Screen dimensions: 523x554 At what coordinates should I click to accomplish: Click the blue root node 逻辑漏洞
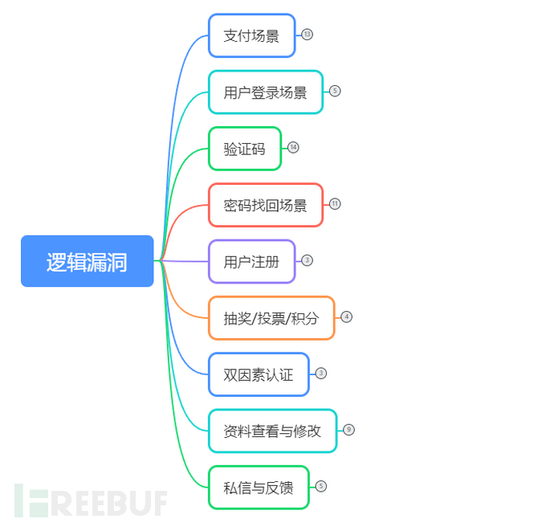coord(87,261)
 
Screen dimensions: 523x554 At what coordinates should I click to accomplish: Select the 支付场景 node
coord(251,35)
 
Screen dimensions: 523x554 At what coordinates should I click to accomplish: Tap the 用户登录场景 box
coord(265,92)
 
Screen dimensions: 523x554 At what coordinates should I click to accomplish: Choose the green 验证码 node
coord(244,149)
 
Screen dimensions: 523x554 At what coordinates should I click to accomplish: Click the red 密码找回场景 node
coord(265,205)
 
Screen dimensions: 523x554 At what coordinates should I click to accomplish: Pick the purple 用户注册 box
coord(251,261)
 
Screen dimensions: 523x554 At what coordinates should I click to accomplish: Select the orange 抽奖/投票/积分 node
coord(271,318)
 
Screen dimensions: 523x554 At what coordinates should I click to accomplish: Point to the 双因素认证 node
coord(258,374)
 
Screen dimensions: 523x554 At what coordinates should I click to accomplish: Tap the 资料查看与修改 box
coord(272,431)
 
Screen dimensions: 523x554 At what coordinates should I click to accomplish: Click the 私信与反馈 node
coord(258,487)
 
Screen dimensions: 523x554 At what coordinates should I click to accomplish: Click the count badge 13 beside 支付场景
coord(307,35)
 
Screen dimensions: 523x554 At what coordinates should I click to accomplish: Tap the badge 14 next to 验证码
coord(293,148)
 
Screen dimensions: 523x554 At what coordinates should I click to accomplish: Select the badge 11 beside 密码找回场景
coord(335,204)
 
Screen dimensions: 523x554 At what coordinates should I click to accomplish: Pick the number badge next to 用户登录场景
coord(335,91)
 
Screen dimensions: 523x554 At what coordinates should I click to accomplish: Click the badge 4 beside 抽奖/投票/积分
coord(346,317)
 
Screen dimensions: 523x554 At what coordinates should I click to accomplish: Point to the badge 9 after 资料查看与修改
coord(348,430)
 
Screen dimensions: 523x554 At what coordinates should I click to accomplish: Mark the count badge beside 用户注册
coord(307,260)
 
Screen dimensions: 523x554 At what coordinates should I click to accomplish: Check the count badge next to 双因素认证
coord(321,374)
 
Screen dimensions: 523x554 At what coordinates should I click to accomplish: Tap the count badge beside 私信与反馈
coord(321,486)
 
